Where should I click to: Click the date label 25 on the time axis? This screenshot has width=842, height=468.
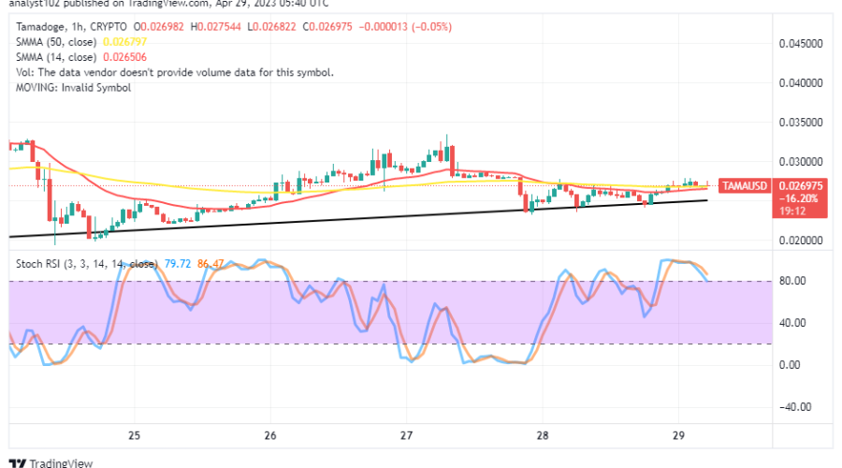pyautogui.click(x=135, y=436)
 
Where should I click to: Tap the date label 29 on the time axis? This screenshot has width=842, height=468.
pyautogui.click(x=679, y=436)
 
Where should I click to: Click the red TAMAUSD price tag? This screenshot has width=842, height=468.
pyautogui.click(x=746, y=186)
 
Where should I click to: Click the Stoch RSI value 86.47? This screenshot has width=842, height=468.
pyautogui.click(x=211, y=265)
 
